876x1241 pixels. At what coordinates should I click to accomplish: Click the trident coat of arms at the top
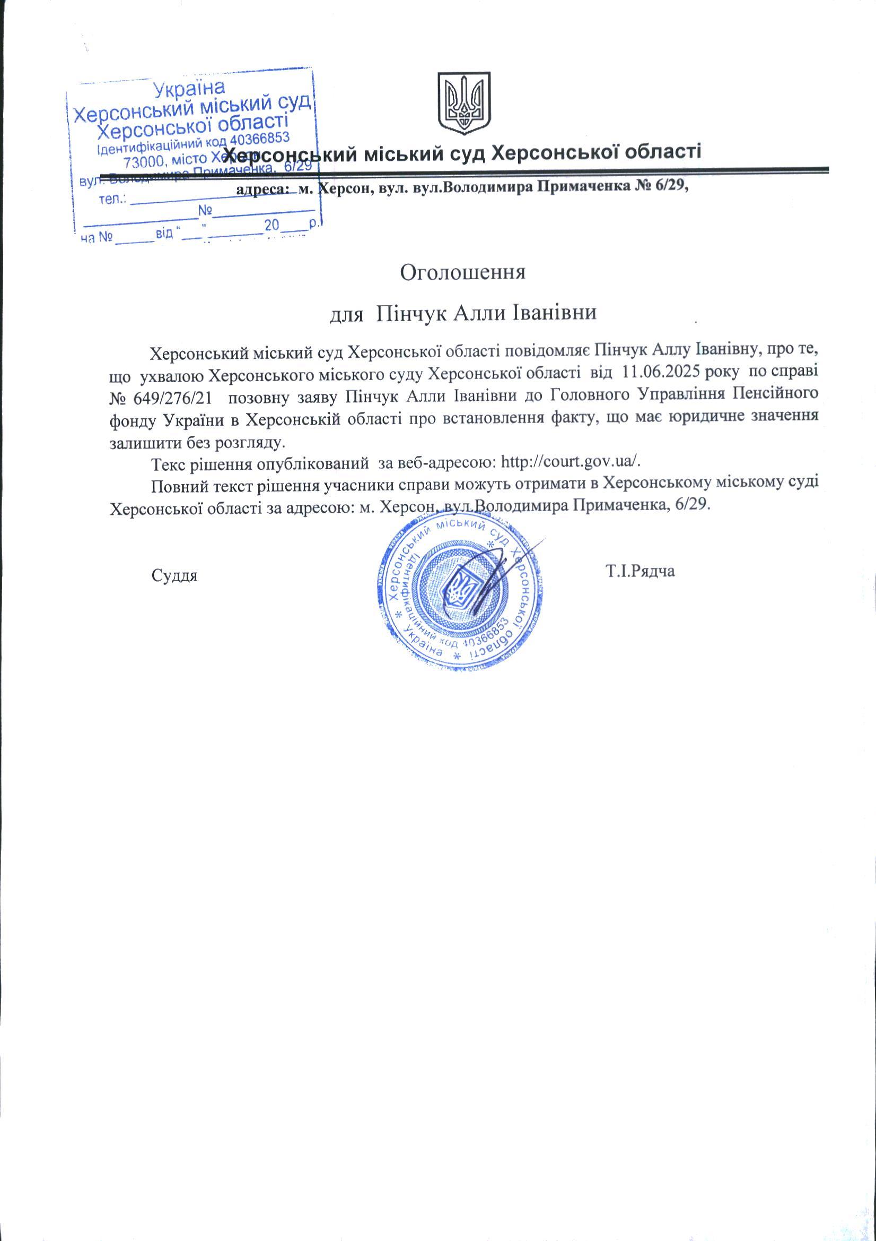[463, 104]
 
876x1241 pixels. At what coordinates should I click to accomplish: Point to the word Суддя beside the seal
[174, 575]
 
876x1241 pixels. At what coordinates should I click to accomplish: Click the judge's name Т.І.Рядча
[641, 571]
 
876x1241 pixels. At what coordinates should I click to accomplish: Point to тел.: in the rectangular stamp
[113, 201]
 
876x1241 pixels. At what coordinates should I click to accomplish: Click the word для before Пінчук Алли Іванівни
[346, 314]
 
